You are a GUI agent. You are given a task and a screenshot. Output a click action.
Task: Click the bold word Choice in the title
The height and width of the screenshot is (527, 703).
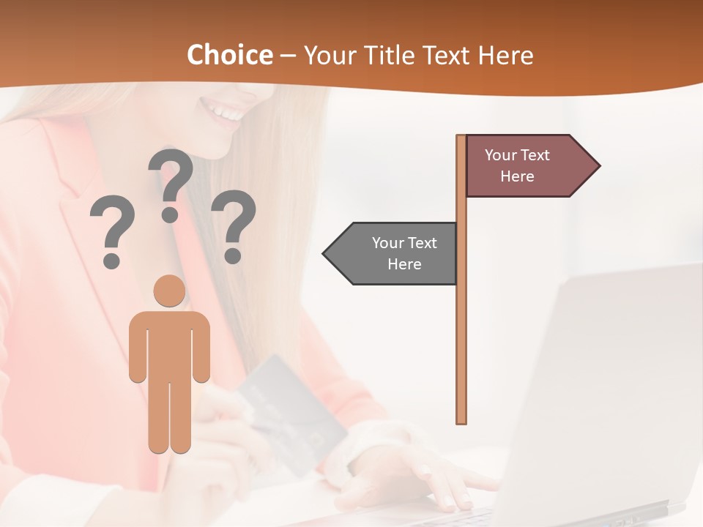tap(229, 56)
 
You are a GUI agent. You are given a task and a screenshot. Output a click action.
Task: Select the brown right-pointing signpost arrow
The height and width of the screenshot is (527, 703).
tap(527, 166)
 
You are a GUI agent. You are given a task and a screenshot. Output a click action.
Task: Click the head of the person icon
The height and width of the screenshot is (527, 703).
tap(169, 291)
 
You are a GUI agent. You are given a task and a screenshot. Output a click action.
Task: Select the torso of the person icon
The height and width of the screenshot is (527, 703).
tap(169, 344)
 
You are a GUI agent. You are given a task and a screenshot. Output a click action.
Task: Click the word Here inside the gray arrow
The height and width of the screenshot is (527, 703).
tap(404, 264)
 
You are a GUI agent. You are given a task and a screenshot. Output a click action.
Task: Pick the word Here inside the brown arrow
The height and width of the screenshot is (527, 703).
tap(517, 176)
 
